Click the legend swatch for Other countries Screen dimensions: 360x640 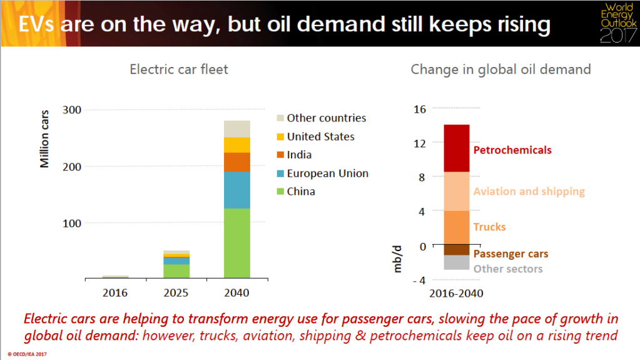280,118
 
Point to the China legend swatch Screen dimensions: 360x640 280,192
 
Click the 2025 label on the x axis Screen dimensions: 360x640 176,292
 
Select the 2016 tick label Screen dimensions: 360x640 115,292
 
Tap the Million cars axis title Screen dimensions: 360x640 44,143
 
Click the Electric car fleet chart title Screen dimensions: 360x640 179,69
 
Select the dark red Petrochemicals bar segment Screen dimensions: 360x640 457,148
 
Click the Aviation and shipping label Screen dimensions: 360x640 529,192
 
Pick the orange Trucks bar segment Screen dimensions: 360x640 457,229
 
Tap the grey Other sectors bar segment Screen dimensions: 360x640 457,262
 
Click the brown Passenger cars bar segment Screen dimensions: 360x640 457,250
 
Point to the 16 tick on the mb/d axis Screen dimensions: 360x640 419,109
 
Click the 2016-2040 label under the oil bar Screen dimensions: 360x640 456,293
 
